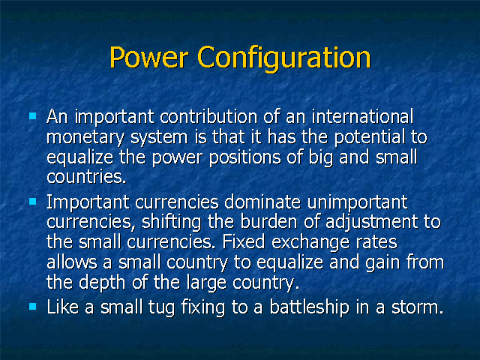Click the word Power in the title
[x=148, y=57]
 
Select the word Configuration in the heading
[x=284, y=58]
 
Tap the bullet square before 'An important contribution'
[x=33, y=116]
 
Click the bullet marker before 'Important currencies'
[x=33, y=201]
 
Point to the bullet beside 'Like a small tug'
[x=33, y=306]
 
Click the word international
[x=362, y=116]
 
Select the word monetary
[x=85, y=138]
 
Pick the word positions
[x=245, y=157]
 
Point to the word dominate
[x=262, y=202]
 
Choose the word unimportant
[x=357, y=202]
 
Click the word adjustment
[x=372, y=222]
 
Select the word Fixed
[x=243, y=241]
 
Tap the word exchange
[x=310, y=242]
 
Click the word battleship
[x=309, y=307]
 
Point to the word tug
[x=162, y=307]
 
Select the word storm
[x=418, y=307]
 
